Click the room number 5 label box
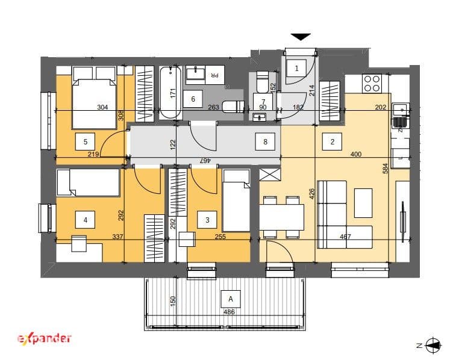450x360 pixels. [x=85, y=141]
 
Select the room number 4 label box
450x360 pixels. [x=85, y=220]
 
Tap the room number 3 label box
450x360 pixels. [x=207, y=220]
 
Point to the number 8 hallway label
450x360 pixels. [x=265, y=141]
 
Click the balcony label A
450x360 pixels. [x=231, y=299]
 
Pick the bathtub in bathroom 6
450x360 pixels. [x=170, y=93]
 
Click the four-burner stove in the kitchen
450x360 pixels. [x=372, y=83]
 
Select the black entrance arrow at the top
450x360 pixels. [x=301, y=37]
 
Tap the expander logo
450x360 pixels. [x=45, y=339]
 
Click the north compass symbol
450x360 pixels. [x=433, y=345]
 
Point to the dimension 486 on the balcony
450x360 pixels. [x=229, y=312]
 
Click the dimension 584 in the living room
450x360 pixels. [x=386, y=169]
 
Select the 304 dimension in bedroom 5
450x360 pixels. [x=102, y=107]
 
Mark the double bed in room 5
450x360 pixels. [x=94, y=98]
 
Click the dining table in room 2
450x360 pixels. [x=281, y=217]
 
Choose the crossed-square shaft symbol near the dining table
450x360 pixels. [x=270, y=175]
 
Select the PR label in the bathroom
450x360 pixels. [x=214, y=75]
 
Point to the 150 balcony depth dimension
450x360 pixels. [x=172, y=300]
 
